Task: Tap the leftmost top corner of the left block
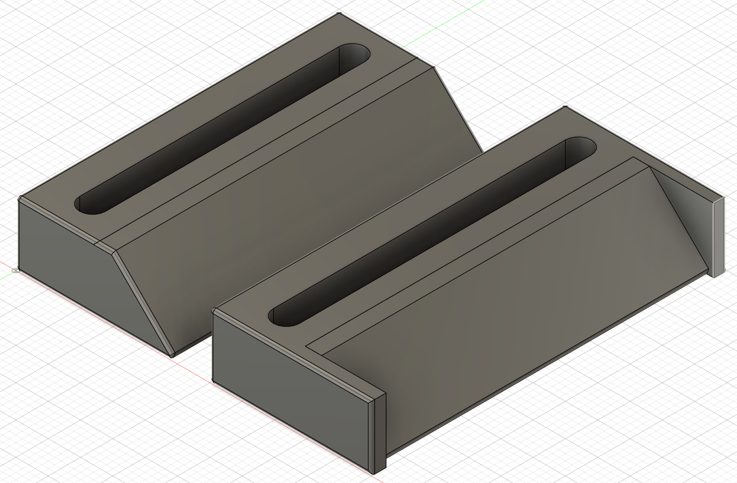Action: click(x=20, y=198)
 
